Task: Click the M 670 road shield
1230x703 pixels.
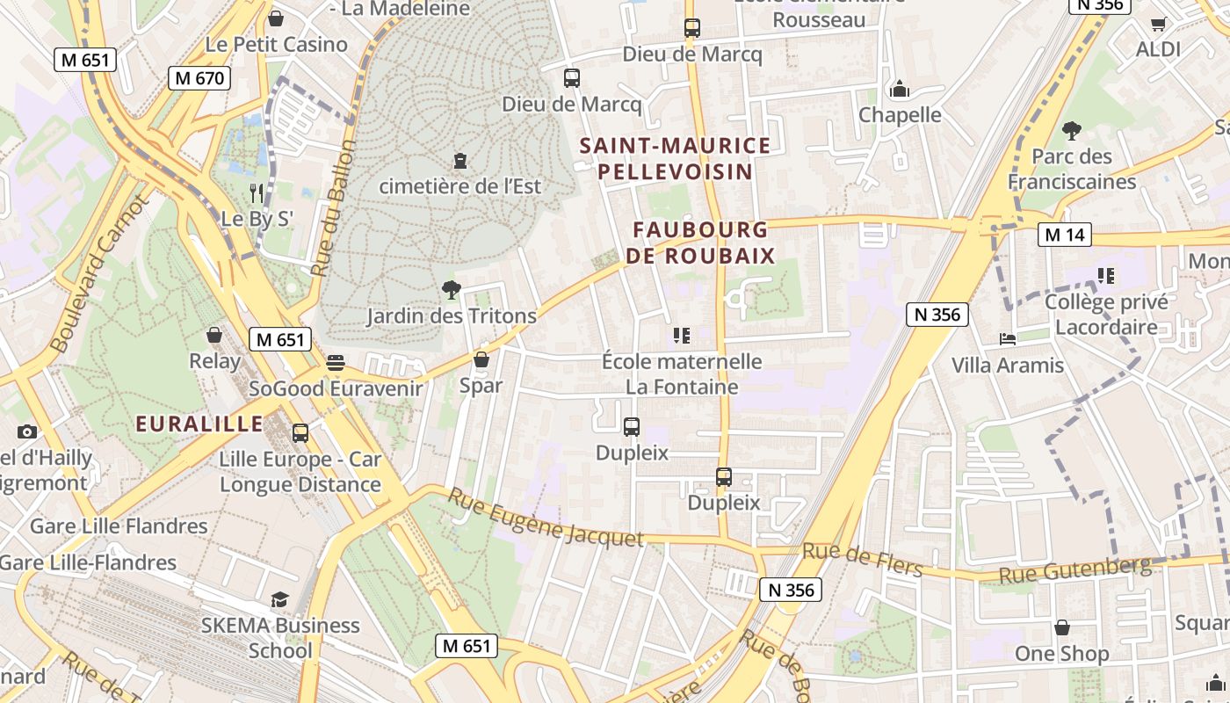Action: click(199, 78)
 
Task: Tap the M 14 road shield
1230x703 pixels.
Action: click(1065, 235)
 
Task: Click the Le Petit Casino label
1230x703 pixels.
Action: click(276, 44)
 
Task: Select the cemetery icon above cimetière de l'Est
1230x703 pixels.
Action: click(459, 161)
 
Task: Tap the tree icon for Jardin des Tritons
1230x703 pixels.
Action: click(451, 289)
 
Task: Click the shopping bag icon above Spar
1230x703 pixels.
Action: click(481, 359)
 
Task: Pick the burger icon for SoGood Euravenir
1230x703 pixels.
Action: click(335, 362)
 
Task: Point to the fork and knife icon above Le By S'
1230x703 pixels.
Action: click(257, 192)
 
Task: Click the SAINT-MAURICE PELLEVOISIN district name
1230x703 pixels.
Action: click(675, 158)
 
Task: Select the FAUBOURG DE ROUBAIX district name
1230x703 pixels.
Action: click(700, 243)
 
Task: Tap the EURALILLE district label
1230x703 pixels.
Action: click(199, 424)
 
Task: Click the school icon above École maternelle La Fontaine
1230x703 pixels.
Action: click(681, 336)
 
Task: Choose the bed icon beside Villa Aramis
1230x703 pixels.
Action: click(1007, 339)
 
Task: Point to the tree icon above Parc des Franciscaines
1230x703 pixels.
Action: click(1071, 131)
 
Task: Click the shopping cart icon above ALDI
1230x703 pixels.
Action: click(1158, 24)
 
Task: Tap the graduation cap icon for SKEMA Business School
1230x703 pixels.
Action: click(279, 599)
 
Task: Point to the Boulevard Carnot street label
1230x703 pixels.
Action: click(99, 273)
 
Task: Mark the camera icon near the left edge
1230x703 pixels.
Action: click(27, 431)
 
